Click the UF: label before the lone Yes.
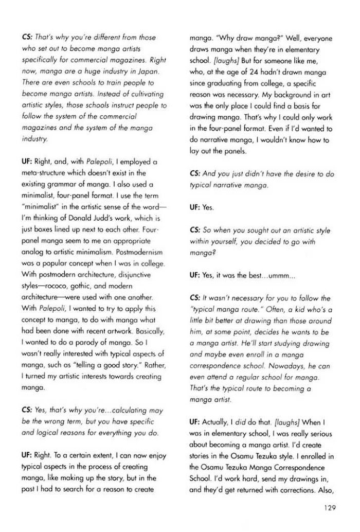pos(195,207)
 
